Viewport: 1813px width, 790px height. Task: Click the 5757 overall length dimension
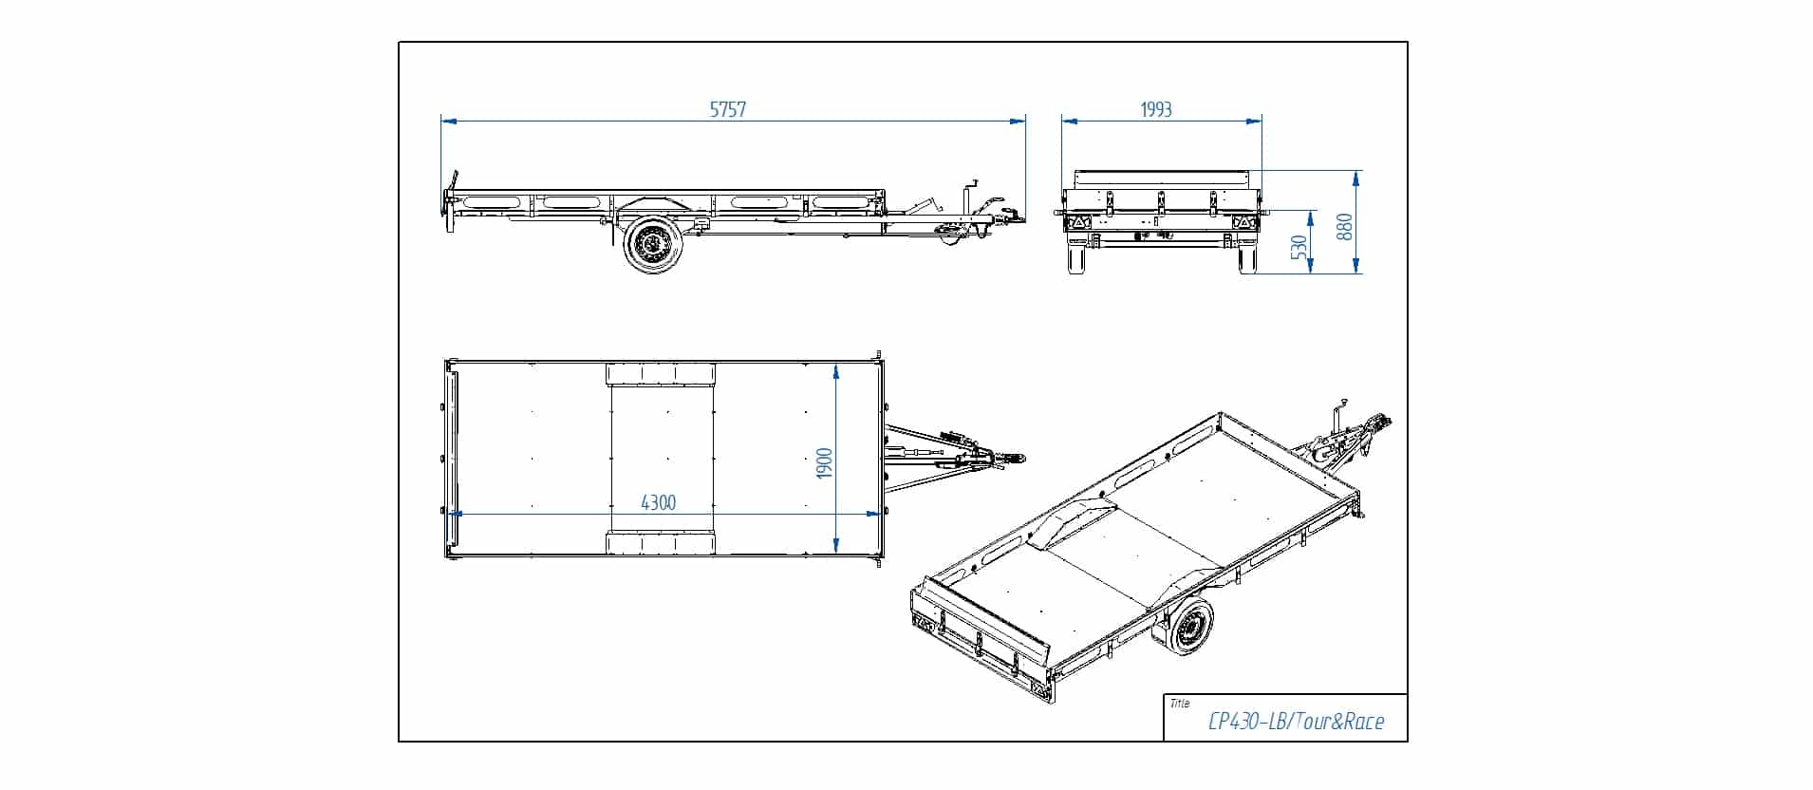pyautogui.click(x=728, y=109)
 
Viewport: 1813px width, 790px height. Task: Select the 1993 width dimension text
pyautogui.click(x=1155, y=109)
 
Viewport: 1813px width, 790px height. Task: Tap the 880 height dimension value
pyautogui.click(x=1345, y=226)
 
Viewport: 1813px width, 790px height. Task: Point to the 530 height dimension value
pyautogui.click(x=1300, y=247)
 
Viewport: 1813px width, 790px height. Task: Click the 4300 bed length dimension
pyautogui.click(x=659, y=502)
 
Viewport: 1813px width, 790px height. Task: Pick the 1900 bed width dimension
pyautogui.click(x=824, y=462)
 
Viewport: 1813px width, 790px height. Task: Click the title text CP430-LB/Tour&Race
pyautogui.click(x=1295, y=722)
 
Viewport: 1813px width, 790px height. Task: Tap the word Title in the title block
pyautogui.click(x=1180, y=704)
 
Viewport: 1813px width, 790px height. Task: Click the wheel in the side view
pyautogui.click(x=652, y=245)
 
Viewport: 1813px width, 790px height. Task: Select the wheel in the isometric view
pyautogui.click(x=1187, y=630)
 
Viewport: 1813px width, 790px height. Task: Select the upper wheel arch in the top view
pyautogui.click(x=660, y=373)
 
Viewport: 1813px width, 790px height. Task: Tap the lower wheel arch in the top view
pyautogui.click(x=660, y=544)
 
